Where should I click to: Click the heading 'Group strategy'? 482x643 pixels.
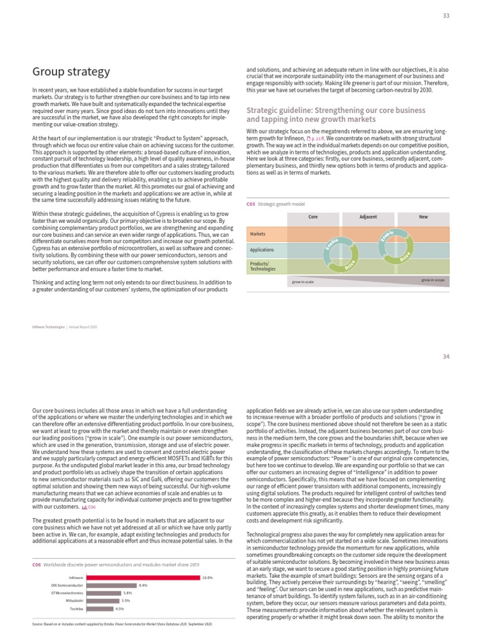point(71,72)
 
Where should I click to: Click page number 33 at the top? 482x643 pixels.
point(446,16)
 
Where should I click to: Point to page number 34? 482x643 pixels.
point(446,357)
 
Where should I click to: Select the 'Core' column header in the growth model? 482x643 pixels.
point(313,217)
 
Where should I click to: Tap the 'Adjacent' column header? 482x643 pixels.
point(368,217)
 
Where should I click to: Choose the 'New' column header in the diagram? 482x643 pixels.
point(423,217)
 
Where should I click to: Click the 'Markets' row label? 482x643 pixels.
point(258,234)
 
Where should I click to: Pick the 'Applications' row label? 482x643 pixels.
point(262,250)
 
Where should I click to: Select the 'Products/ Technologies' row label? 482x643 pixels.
point(263,266)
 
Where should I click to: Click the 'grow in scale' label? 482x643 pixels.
point(303,282)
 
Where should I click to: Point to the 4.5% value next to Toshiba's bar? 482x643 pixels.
point(119,608)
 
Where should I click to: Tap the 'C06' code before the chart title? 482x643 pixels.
point(36,565)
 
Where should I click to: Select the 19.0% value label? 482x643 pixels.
point(208,577)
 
